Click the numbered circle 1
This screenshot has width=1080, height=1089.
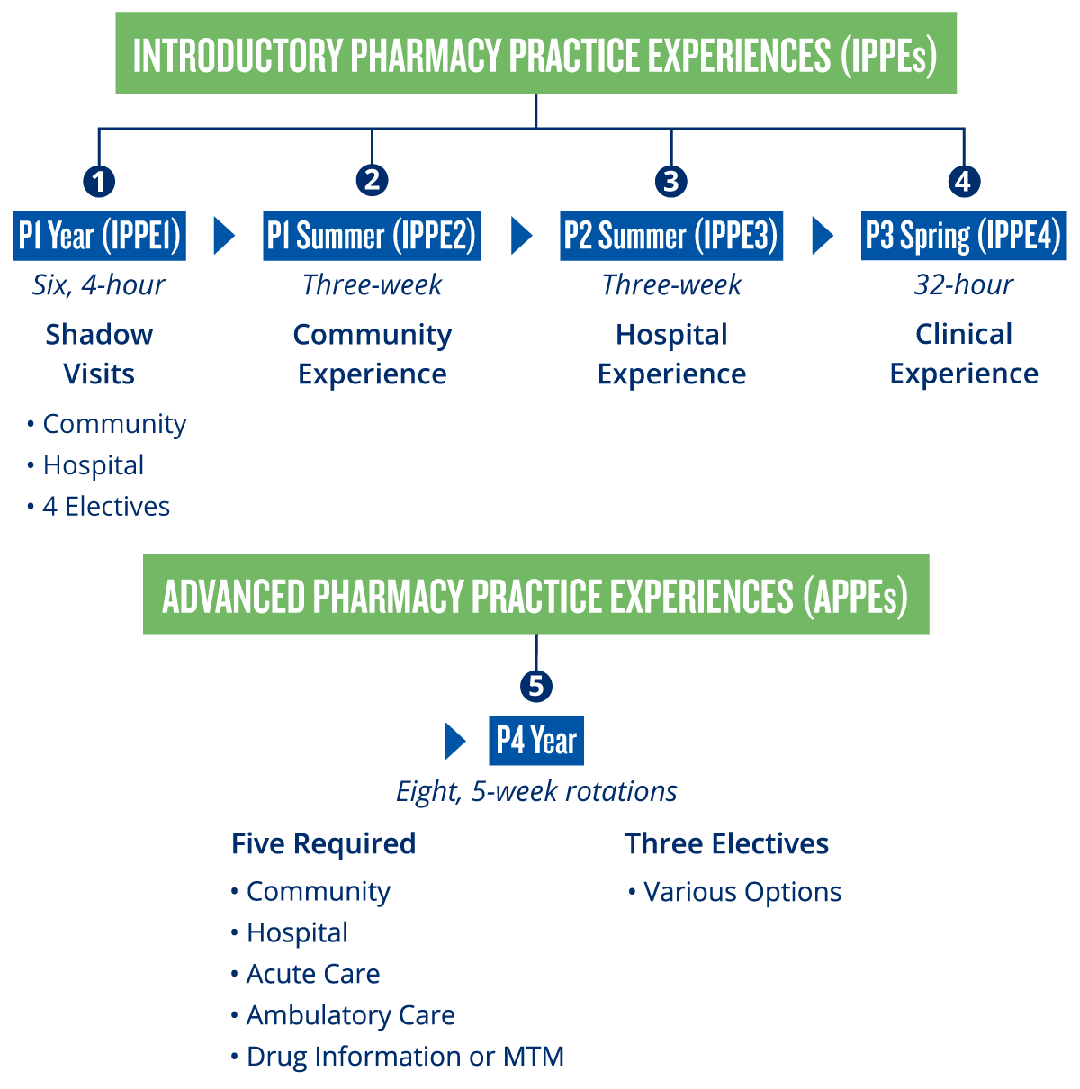click(x=99, y=182)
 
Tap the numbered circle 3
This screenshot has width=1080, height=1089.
click(x=670, y=181)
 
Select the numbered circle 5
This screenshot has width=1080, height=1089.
click(x=536, y=687)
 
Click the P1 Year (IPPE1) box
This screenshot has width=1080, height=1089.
click(x=99, y=236)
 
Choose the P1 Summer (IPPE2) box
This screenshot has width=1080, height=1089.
click(x=372, y=236)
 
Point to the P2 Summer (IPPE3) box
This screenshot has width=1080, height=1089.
click(x=671, y=236)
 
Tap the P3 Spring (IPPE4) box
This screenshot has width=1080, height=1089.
click(x=963, y=236)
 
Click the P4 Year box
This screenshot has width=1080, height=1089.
click(x=536, y=741)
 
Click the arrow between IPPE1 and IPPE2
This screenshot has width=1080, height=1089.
click(x=224, y=236)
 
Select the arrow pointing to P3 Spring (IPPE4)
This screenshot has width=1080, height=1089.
click(x=822, y=236)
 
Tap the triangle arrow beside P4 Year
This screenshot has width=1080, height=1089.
click(x=455, y=741)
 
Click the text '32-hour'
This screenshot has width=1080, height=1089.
click(x=963, y=285)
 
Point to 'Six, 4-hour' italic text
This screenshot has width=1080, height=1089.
click(x=99, y=285)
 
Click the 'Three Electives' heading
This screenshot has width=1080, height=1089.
click(x=726, y=843)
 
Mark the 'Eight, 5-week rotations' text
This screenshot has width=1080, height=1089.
click(x=536, y=791)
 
